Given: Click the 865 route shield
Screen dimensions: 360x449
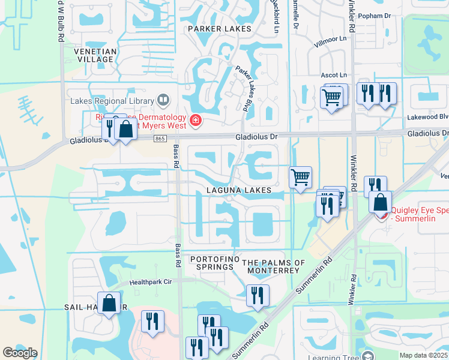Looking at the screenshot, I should tap(159, 139).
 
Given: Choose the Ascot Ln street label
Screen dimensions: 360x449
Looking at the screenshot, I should tap(334, 75).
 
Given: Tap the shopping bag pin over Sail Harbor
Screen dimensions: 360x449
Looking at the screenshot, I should tap(110, 302).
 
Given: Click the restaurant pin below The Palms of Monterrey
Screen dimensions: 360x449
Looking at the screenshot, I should tap(258, 295).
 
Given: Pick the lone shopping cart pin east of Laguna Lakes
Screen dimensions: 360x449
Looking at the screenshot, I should tap(300, 177).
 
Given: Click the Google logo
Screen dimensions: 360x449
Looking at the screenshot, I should tap(20, 353).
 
